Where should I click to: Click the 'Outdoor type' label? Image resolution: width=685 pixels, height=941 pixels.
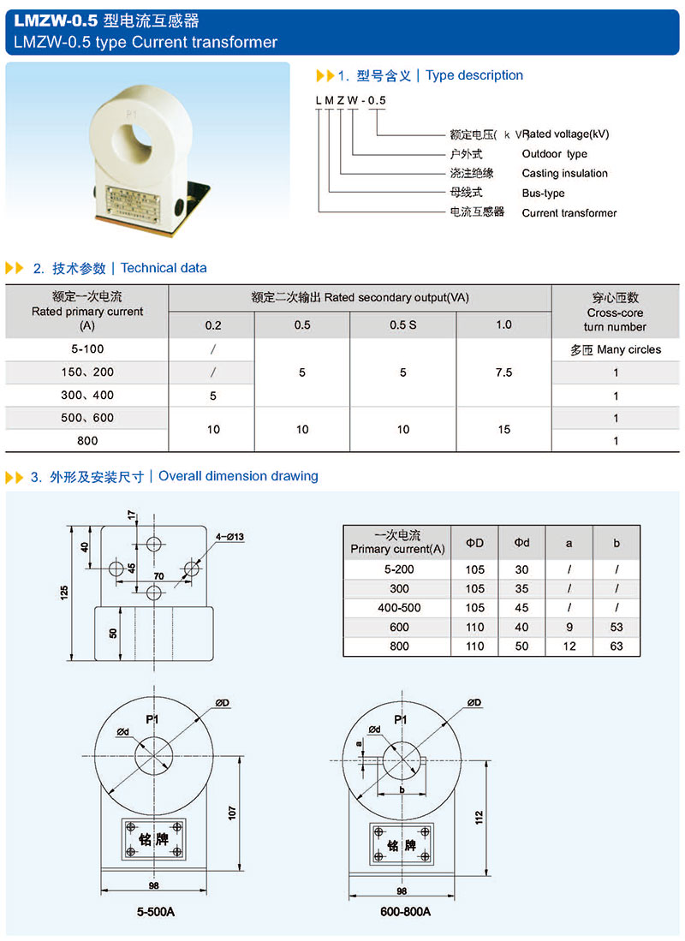coord(554,154)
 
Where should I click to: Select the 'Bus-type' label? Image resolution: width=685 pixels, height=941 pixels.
coord(543,194)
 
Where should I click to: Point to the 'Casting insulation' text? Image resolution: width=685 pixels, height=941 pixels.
coord(564,174)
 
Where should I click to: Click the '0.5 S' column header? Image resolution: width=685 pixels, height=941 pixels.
coord(403,325)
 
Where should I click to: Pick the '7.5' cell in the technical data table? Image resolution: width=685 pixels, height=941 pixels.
coord(503,372)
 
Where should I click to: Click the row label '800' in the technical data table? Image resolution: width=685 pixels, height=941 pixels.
coord(87,441)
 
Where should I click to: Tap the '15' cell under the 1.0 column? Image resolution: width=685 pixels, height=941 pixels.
coord(503,429)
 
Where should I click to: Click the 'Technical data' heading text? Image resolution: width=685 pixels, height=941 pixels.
coord(164,268)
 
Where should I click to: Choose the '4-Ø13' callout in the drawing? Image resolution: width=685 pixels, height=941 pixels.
coord(230,537)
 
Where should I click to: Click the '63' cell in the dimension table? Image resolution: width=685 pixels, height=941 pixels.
coord(616,646)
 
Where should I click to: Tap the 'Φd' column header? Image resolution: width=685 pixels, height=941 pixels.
coord(521,543)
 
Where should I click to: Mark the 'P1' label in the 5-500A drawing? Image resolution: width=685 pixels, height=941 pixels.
coord(152,720)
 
